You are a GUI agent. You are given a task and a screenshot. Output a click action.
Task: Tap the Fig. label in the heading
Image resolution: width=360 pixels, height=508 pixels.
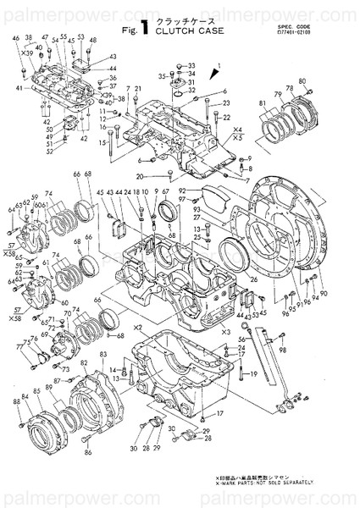click(x=130, y=32)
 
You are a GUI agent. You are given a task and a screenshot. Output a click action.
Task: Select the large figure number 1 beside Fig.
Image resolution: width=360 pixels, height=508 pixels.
click(x=146, y=30)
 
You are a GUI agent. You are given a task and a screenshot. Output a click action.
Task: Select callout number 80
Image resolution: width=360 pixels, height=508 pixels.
click(x=303, y=82)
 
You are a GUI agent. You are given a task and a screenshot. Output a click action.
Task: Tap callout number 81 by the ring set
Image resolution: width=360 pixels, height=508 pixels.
click(x=262, y=105)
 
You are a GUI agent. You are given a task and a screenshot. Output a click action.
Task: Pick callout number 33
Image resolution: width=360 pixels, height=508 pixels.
click(x=191, y=65)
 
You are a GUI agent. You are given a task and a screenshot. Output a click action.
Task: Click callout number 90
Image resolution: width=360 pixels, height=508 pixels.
click(x=324, y=293)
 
